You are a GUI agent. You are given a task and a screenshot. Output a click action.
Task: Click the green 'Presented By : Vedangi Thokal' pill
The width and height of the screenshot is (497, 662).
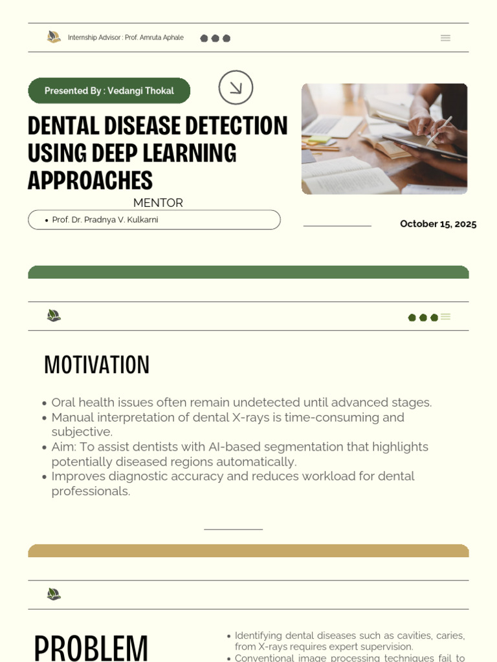(109, 91)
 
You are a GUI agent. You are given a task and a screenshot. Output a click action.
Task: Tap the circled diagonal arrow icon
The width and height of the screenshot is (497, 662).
(236, 87)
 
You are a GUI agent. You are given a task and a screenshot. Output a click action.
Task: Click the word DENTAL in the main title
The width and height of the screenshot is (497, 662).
(61, 125)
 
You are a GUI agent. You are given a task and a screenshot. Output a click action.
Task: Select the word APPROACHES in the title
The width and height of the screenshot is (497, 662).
(90, 180)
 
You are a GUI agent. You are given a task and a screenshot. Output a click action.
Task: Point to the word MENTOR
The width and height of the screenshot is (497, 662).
(158, 203)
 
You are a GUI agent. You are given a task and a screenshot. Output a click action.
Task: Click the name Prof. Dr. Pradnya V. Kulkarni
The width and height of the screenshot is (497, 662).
(105, 220)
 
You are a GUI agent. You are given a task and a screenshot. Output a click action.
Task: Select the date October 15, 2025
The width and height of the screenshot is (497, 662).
(438, 224)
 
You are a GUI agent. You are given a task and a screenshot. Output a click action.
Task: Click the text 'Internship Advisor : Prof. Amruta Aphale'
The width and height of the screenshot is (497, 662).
(126, 37)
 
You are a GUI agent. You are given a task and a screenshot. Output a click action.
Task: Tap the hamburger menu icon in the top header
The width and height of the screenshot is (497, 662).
(445, 38)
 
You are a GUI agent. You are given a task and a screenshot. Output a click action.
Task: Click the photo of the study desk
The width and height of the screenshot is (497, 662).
(384, 138)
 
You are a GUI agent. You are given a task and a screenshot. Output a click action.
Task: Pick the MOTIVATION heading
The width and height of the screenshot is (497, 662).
(96, 365)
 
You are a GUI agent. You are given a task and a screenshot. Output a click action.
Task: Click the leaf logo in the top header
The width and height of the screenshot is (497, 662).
(54, 37)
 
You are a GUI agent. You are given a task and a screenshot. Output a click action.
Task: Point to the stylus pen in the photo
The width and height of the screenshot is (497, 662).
(439, 131)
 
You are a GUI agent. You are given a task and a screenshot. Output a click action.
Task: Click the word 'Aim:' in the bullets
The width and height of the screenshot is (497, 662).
(64, 447)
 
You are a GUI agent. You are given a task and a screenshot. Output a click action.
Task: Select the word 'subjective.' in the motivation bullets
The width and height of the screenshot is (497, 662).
(82, 432)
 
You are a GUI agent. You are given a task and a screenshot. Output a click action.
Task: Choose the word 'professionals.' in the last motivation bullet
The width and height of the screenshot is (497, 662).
(91, 491)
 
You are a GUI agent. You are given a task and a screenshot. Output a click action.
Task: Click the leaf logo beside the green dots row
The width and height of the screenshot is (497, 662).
(54, 315)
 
